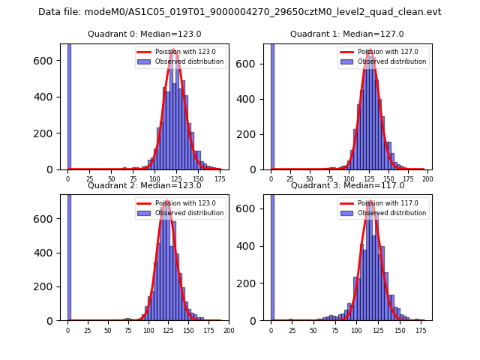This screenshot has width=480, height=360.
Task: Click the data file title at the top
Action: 240,12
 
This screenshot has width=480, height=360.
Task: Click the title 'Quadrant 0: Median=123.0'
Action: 144,34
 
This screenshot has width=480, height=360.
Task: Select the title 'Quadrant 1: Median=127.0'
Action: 347,34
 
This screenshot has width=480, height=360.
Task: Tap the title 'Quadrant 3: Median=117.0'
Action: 347,185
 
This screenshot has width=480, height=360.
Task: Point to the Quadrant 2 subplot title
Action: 144,185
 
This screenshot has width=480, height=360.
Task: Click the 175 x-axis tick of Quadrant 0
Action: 219,179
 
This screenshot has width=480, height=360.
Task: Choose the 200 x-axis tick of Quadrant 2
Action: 229,330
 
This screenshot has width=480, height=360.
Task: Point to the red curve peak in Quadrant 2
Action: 167,201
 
